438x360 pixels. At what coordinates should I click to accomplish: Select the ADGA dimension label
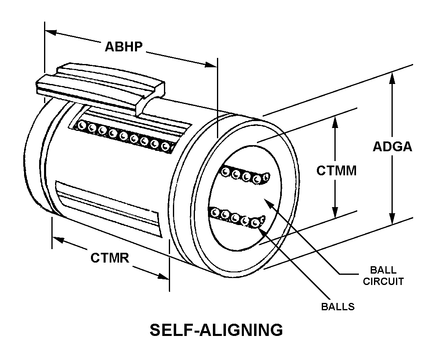click(392, 146)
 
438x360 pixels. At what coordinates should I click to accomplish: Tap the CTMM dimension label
click(336, 170)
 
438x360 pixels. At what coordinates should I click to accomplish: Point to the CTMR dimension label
click(110, 258)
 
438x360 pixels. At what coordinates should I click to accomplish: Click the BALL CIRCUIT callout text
click(383, 276)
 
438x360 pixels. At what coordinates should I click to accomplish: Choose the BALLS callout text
click(338, 307)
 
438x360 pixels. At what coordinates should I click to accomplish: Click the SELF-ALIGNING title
click(216, 330)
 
